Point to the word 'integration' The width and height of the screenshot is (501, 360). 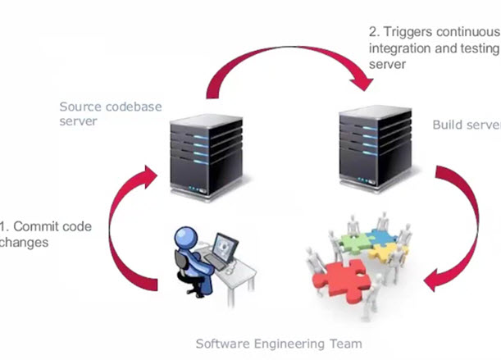(x=399, y=48)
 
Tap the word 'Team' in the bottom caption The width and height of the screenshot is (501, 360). (x=345, y=343)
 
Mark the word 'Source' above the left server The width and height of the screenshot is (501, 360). (x=78, y=106)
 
